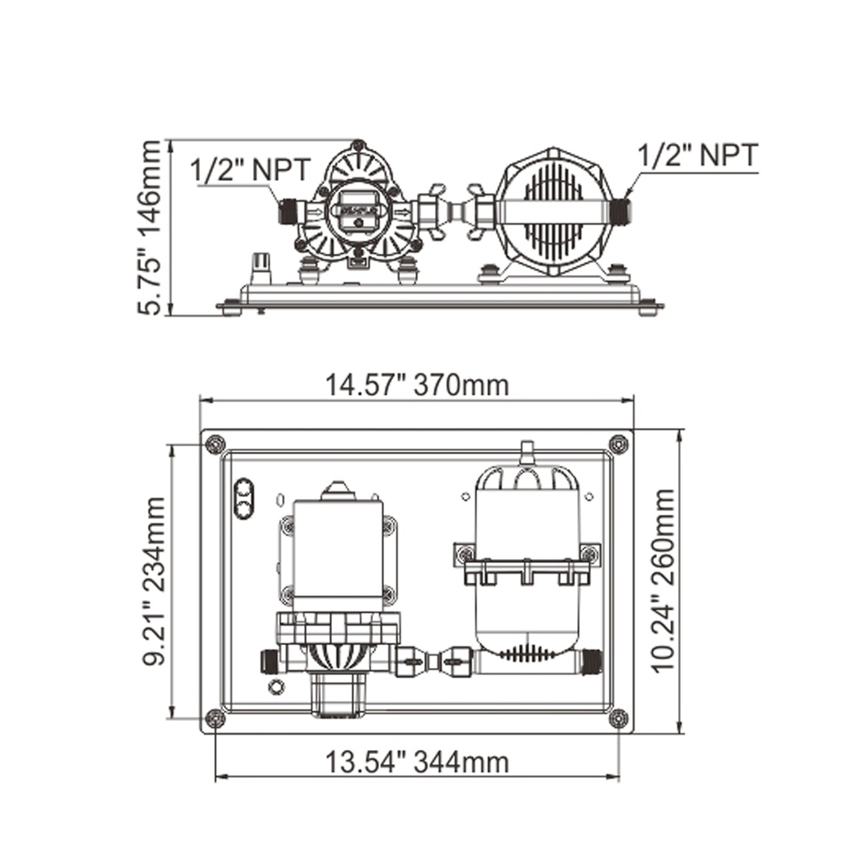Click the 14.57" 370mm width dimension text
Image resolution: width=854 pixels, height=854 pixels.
(417, 385)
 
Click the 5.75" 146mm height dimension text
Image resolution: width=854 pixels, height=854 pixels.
(149, 228)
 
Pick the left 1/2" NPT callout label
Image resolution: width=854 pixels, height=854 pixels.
(250, 169)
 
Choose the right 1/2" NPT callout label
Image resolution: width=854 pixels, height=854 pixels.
(698, 154)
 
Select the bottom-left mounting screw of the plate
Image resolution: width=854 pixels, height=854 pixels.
(216, 717)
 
